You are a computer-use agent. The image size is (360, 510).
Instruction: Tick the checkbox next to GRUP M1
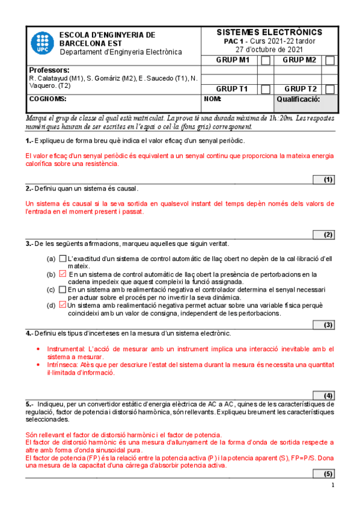tap(266, 60)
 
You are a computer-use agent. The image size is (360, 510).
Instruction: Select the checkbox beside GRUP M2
tap(330, 60)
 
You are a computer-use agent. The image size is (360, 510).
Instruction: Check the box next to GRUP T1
tap(266, 89)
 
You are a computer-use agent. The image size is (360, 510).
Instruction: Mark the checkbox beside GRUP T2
tap(330, 89)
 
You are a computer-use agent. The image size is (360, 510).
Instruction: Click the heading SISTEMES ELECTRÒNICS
tap(269, 32)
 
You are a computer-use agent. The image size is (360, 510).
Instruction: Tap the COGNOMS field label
tap(47, 99)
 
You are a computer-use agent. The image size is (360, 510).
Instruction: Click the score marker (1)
tap(328, 179)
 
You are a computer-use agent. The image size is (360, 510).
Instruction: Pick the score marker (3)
tap(328, 325)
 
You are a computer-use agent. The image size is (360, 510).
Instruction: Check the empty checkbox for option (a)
tap(63, 259)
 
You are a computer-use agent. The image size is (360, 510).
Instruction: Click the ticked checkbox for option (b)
tap(63, 274)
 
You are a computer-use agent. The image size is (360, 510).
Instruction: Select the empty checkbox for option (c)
tap(63, 289)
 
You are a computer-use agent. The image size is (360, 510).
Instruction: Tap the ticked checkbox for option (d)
tap(63, 305)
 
